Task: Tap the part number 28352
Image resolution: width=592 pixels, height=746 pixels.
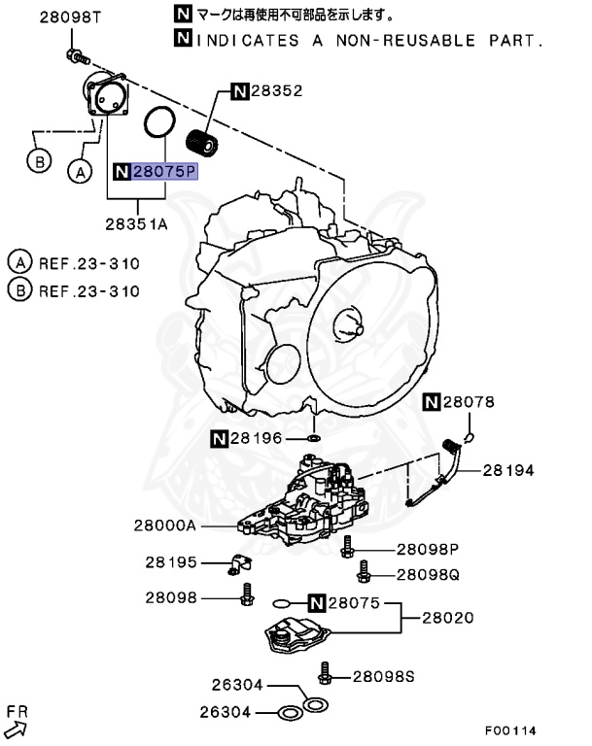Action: pos(277,91)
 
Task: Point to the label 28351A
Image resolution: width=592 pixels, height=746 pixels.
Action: pos(137,222)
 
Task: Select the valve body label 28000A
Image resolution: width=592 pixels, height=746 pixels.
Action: pos(165,526)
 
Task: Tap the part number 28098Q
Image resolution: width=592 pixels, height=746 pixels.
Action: pos(428,574)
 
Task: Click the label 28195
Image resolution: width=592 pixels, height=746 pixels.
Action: pos(171,561)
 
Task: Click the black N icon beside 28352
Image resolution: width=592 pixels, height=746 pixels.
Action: pos(239,91)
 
